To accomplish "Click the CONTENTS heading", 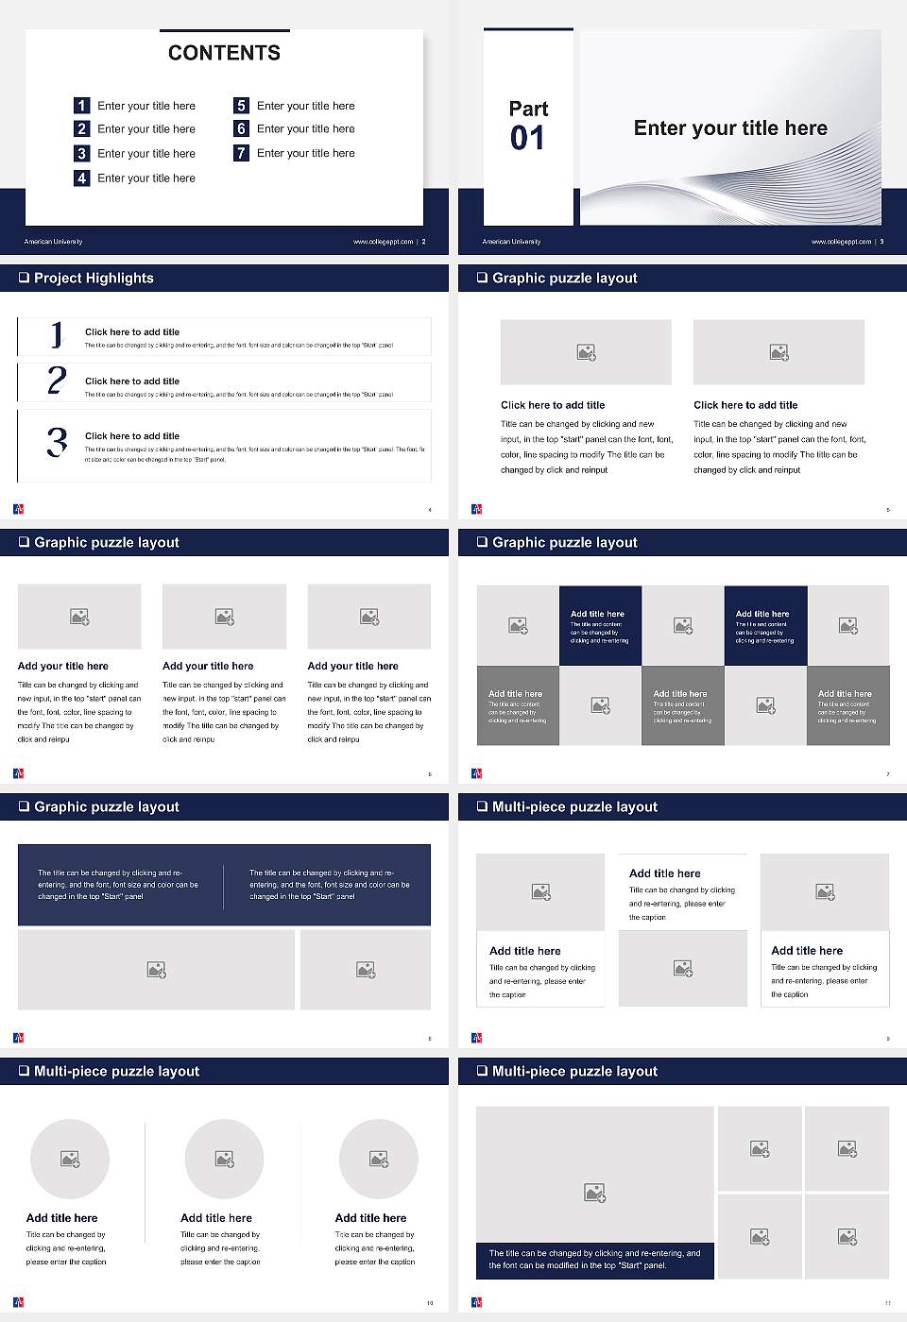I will coord(224,53).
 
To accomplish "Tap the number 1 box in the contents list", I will coord(82,106).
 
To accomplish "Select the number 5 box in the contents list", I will coord(242,106).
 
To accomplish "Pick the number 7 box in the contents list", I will coord(242,153).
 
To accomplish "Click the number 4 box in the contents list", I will coord(82,178).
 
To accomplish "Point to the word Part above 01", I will coord(528,109).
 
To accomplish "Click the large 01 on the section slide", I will coord(527,139).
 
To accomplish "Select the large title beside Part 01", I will coord(730,128).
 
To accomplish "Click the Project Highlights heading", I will coord(94,278).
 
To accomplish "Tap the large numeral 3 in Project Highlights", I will coord(57,442).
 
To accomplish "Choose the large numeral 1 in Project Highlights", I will coord(57,335).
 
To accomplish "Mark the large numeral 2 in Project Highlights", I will coord(57,381).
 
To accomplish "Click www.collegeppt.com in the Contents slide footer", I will coord(383,242).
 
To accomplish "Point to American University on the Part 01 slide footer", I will coord(511,242).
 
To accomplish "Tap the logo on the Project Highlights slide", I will coord(19,509).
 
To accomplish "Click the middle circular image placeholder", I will coord(224,1159).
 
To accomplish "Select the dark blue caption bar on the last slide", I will coord(594,1260).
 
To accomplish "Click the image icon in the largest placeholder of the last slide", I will coord(594,1194).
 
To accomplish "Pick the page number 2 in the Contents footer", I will coord(423,242).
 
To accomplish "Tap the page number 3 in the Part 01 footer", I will coord(881,242).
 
